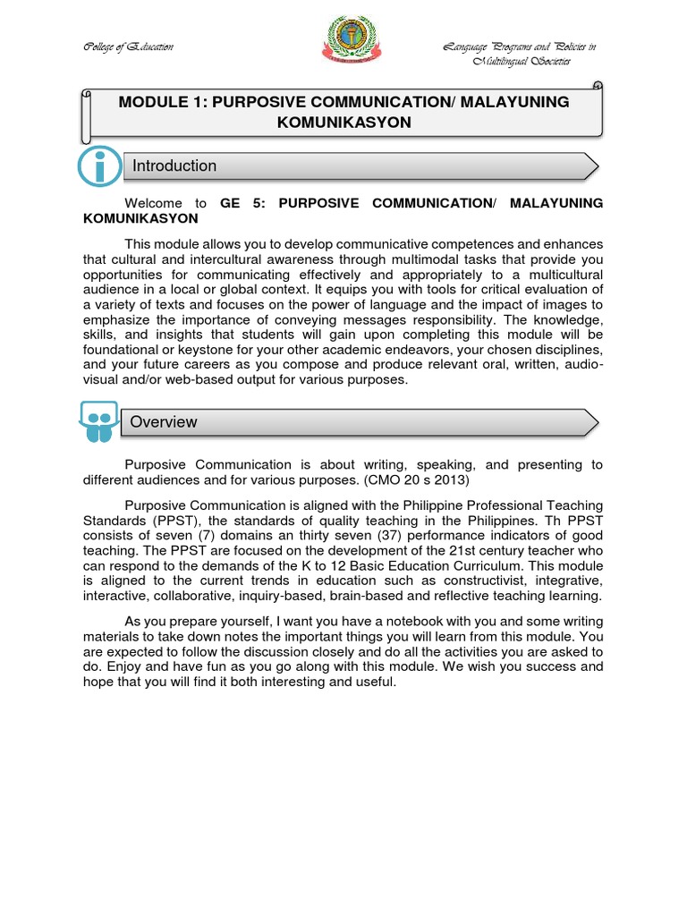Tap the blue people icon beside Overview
99,420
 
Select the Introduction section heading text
174,165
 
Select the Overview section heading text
164,422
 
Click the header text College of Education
116,47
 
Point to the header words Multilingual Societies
522,61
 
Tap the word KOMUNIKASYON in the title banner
343,123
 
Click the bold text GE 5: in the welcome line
242,203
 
